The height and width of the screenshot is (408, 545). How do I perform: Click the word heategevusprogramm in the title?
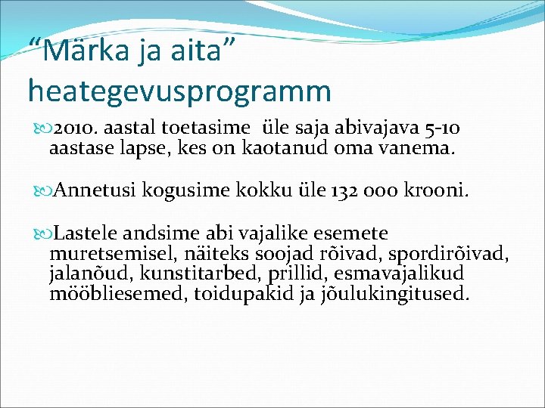pos(179,91)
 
